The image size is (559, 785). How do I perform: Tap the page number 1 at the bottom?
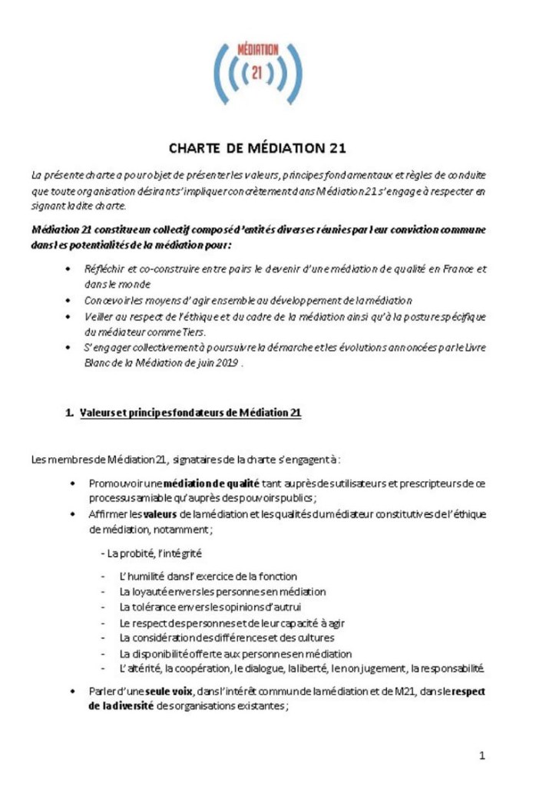click(481, 756)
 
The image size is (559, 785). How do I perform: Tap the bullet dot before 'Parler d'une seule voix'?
click(72, 691)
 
